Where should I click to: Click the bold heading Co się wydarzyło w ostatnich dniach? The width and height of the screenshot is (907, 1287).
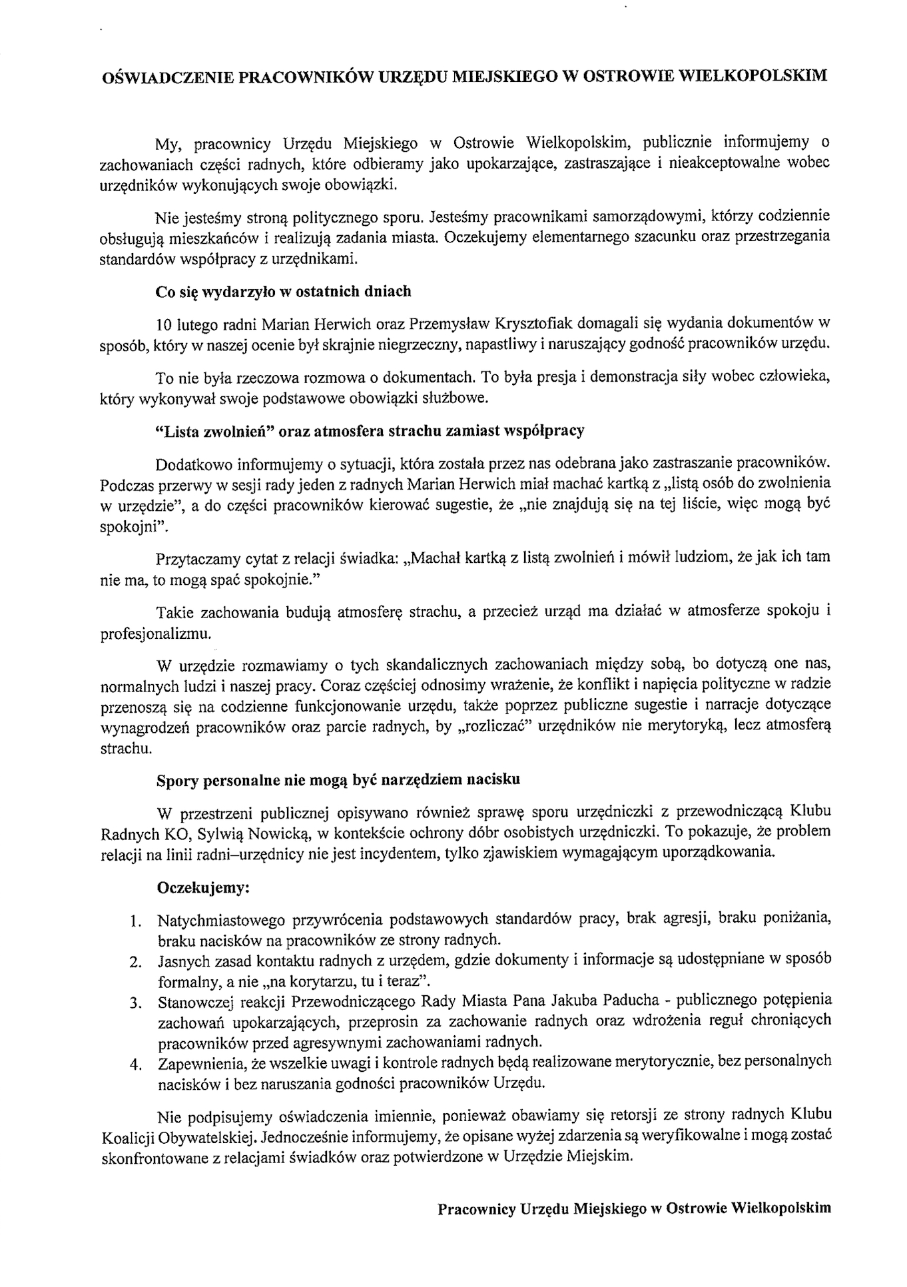coord(283,291)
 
